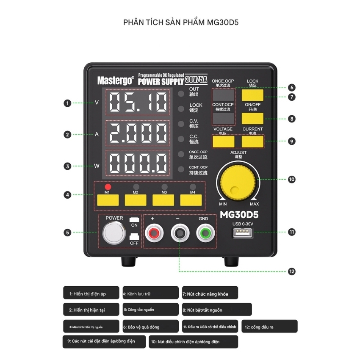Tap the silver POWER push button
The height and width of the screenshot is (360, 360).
pos(114,232)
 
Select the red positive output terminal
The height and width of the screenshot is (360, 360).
pos(153,232)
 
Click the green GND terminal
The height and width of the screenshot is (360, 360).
pos(204,232)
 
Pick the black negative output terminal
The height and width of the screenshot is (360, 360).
pos(179,232)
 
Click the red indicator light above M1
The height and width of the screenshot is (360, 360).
pos(108,186)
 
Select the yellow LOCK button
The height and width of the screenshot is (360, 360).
pos(252,94)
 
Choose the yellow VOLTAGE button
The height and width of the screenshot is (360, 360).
pos(224,141)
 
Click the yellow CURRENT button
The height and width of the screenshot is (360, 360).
pos(252,141)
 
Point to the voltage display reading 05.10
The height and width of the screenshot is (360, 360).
pos(138,102)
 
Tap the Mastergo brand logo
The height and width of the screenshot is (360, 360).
pos(115,79)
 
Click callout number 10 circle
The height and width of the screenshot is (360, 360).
pos(291,180)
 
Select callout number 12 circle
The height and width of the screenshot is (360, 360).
pos(291,271)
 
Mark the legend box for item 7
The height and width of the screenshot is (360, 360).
pos(210,293)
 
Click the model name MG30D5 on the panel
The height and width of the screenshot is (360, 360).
pos(239,215)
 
